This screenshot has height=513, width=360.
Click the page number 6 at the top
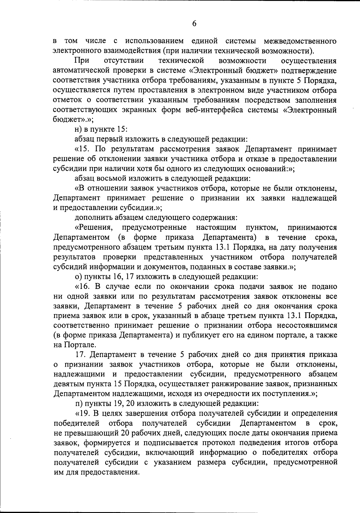coord(194,24)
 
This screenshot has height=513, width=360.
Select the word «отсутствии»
coord(124,61)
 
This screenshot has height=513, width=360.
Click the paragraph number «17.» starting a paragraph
coord(81,355)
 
